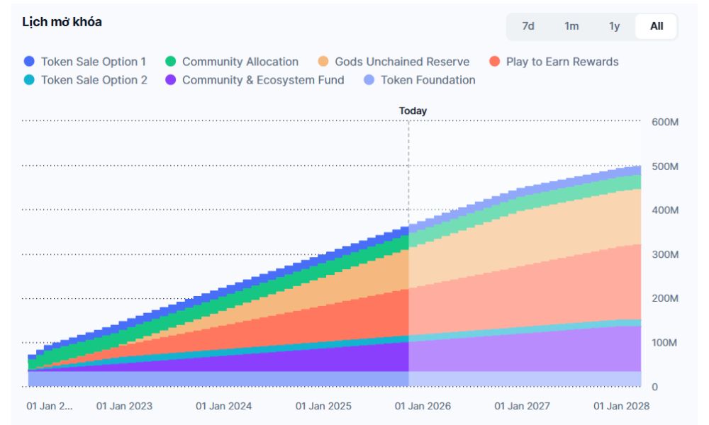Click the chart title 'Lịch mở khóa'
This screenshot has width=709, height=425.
tap(62, 22)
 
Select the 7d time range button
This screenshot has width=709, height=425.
tap(528, 26)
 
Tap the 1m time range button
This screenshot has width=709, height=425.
tap(571, 26)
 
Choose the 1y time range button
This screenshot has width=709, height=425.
tap(615, 26)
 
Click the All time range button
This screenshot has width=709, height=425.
tap(657, 26)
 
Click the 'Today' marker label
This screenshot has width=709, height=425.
tap(413, 110)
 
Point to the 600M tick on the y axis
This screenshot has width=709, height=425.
tap(665, 122)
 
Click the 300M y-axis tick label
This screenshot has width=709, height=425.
tap(665, 254)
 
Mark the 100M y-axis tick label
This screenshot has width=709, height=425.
tap(665, 343)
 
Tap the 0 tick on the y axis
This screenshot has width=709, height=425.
tap(655, 387)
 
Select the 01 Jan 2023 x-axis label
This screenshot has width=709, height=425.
tap(124, 407)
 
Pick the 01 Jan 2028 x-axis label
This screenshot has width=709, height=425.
tap(621, 407)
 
